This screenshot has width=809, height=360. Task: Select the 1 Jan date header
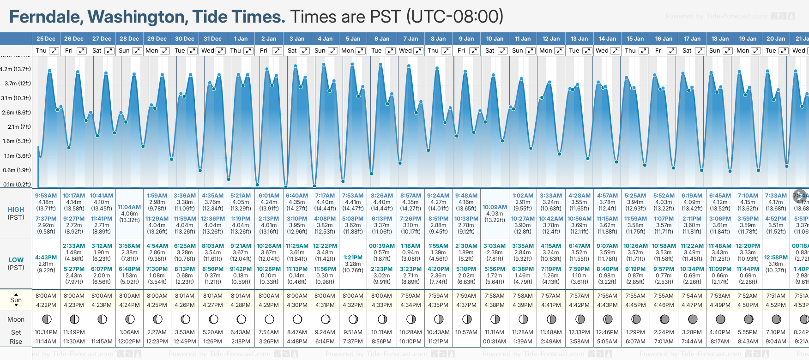coord(241,39)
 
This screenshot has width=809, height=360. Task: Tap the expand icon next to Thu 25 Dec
coord(54,51)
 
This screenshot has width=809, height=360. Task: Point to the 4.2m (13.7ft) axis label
coord(16,69)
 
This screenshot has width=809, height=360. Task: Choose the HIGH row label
coord(16,210)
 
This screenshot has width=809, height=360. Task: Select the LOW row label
coord(16,260)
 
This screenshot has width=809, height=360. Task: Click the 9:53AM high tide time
coord(46,196)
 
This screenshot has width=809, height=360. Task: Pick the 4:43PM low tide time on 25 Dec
coord(46,258)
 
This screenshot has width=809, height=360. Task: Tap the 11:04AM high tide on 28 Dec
coord(129,207)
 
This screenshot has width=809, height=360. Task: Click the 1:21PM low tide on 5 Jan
coord(353,258)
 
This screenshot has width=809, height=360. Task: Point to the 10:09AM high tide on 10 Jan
coord(495,207)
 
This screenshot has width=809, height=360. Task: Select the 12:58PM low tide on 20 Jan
coord(776,258)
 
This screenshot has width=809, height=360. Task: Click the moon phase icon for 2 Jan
coord(269,319)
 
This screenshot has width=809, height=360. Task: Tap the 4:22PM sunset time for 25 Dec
coord(46,305)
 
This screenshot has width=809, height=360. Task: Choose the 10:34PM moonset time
coord(46,332)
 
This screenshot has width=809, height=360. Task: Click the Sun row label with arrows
coord(16,300)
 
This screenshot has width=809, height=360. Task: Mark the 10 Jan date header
coord(495,39)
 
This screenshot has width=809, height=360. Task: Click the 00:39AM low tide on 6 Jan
coord(381,246)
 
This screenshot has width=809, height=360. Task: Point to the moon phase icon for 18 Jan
coord(720,319)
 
